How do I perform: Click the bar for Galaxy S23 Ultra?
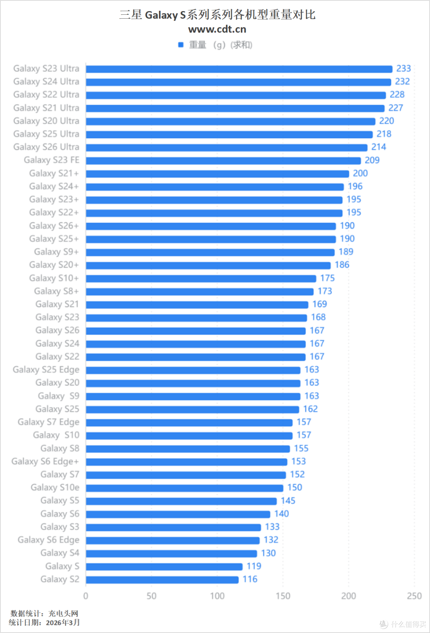(239, 69)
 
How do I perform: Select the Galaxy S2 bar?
(162, 580)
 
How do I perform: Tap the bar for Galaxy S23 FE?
(223, 160)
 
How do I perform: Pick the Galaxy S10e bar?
(185, 488)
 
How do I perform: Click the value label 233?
(403, 69)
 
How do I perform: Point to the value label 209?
(372, 160)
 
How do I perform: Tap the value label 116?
(250, 579)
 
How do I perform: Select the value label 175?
(327, 278)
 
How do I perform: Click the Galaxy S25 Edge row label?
(46, 370)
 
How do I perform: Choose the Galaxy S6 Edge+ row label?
(45, 462)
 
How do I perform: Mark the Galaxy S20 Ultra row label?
(46, 121)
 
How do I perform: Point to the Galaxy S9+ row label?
(57, 252)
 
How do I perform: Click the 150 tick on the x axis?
(283, 596)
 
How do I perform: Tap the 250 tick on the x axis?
(414, 596)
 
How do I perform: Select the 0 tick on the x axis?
(86, 596)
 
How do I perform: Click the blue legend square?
(181, 45)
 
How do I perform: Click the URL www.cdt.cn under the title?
(217, 29)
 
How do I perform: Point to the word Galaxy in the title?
(161, 15)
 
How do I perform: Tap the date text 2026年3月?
(63, 623)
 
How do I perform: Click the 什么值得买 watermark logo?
(403, 624)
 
